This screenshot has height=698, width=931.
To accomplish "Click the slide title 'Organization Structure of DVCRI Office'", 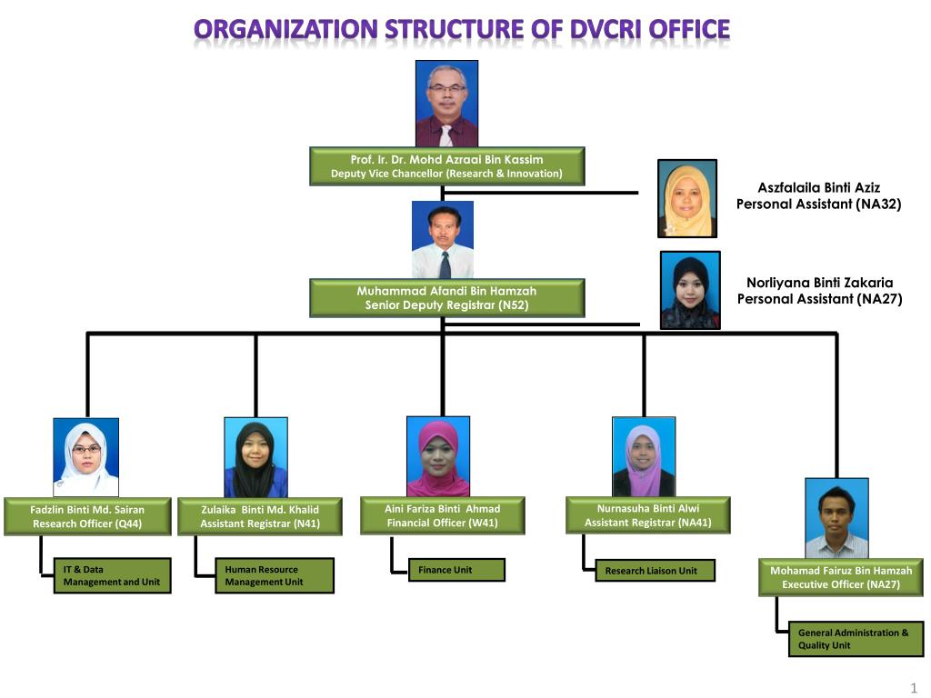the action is tap(462, 30).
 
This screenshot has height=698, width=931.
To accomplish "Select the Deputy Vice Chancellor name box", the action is tap(446, 166).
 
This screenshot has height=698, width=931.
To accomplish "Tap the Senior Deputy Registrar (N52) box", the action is tap(446, 298).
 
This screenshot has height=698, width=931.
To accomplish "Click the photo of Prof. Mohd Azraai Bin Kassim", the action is tap(446, 104).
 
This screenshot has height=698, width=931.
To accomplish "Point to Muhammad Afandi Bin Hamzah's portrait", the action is tap(443, 240).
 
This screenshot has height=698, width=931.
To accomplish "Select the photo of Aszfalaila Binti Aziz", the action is tap(686, 199).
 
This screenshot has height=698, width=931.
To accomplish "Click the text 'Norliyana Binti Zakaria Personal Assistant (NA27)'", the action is tap(819, 290).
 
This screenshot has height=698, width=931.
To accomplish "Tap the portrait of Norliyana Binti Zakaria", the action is tap(690, 290).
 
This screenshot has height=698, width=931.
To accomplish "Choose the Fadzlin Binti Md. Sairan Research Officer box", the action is tap(87, 516).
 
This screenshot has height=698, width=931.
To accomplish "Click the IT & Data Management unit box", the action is tap(112, 575).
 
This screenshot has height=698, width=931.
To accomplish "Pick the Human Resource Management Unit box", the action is tap(274, 575).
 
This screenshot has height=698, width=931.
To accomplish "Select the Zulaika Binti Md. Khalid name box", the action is tap(260, 516).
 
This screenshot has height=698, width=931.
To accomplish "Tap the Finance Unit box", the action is tap(456, 570).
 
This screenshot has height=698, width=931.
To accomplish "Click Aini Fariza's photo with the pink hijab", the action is tap(438, 456).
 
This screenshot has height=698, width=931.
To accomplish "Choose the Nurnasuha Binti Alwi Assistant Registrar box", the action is tap(647, 515).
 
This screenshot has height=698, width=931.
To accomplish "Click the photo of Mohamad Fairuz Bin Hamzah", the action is tap(836, 518).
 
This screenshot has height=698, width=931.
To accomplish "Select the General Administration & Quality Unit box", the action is tap(856, 639).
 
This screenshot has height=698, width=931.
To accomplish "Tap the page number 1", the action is tap(914, 687).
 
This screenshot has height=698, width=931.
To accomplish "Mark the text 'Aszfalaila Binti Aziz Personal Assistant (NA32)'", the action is tap(818, 195).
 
